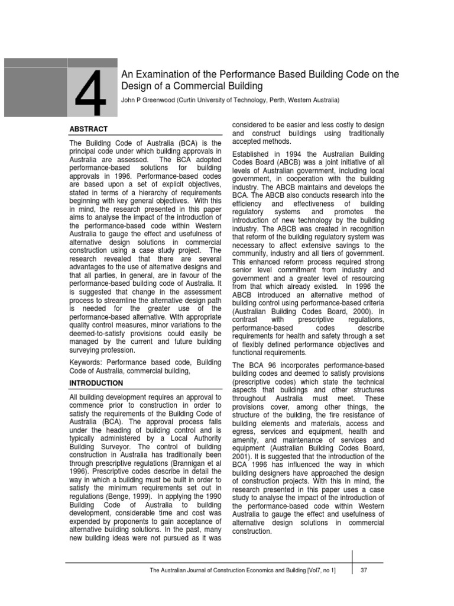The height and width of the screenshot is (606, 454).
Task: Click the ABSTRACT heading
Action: point(89,129)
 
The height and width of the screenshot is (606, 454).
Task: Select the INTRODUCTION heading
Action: point(96,383)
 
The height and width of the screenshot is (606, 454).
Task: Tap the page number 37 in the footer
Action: point(364,570)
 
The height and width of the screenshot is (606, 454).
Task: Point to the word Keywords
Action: point(88,362)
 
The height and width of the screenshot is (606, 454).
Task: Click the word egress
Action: point(244,432)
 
